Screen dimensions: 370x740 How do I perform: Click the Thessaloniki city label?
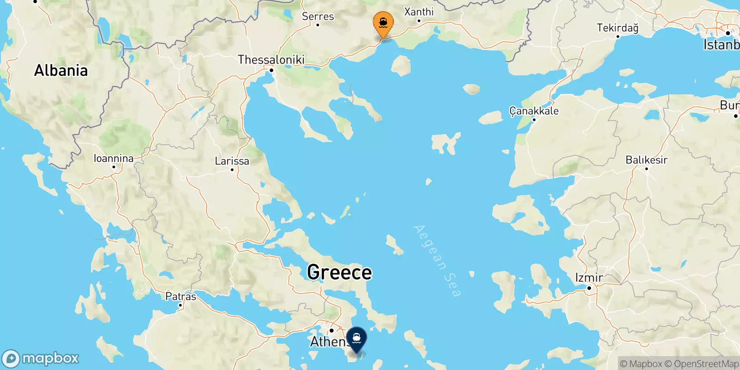271,60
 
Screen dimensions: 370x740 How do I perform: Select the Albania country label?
61,70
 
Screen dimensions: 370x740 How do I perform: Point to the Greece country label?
339,272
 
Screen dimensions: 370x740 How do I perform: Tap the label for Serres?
318,16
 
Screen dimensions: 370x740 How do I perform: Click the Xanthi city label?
419,12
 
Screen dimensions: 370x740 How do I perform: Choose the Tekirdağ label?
617,28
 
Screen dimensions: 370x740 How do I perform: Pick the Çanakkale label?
534,111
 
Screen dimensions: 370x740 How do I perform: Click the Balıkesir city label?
646,160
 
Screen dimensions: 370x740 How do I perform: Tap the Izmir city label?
589,277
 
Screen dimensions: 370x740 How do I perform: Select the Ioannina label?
113,158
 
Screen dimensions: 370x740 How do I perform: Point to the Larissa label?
232,161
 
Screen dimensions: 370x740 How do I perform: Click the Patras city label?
180,296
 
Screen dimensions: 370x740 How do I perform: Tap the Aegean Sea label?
437,260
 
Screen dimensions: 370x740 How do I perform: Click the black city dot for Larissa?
232,170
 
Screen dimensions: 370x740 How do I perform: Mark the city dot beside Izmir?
589,288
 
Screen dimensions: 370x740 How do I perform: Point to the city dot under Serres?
318,25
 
